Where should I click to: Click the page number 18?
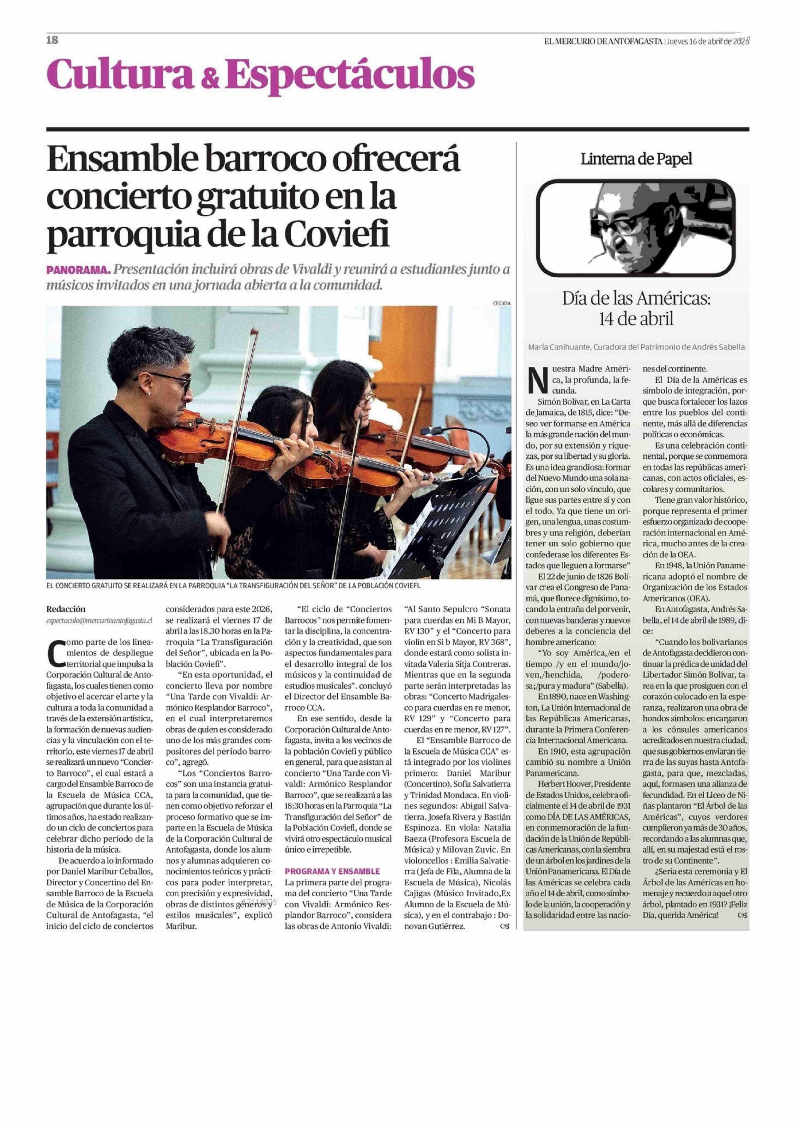tap(52, 40)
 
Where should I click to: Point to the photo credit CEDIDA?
tap(502, 303)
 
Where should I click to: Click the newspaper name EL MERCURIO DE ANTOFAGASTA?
tap(603, 41)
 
